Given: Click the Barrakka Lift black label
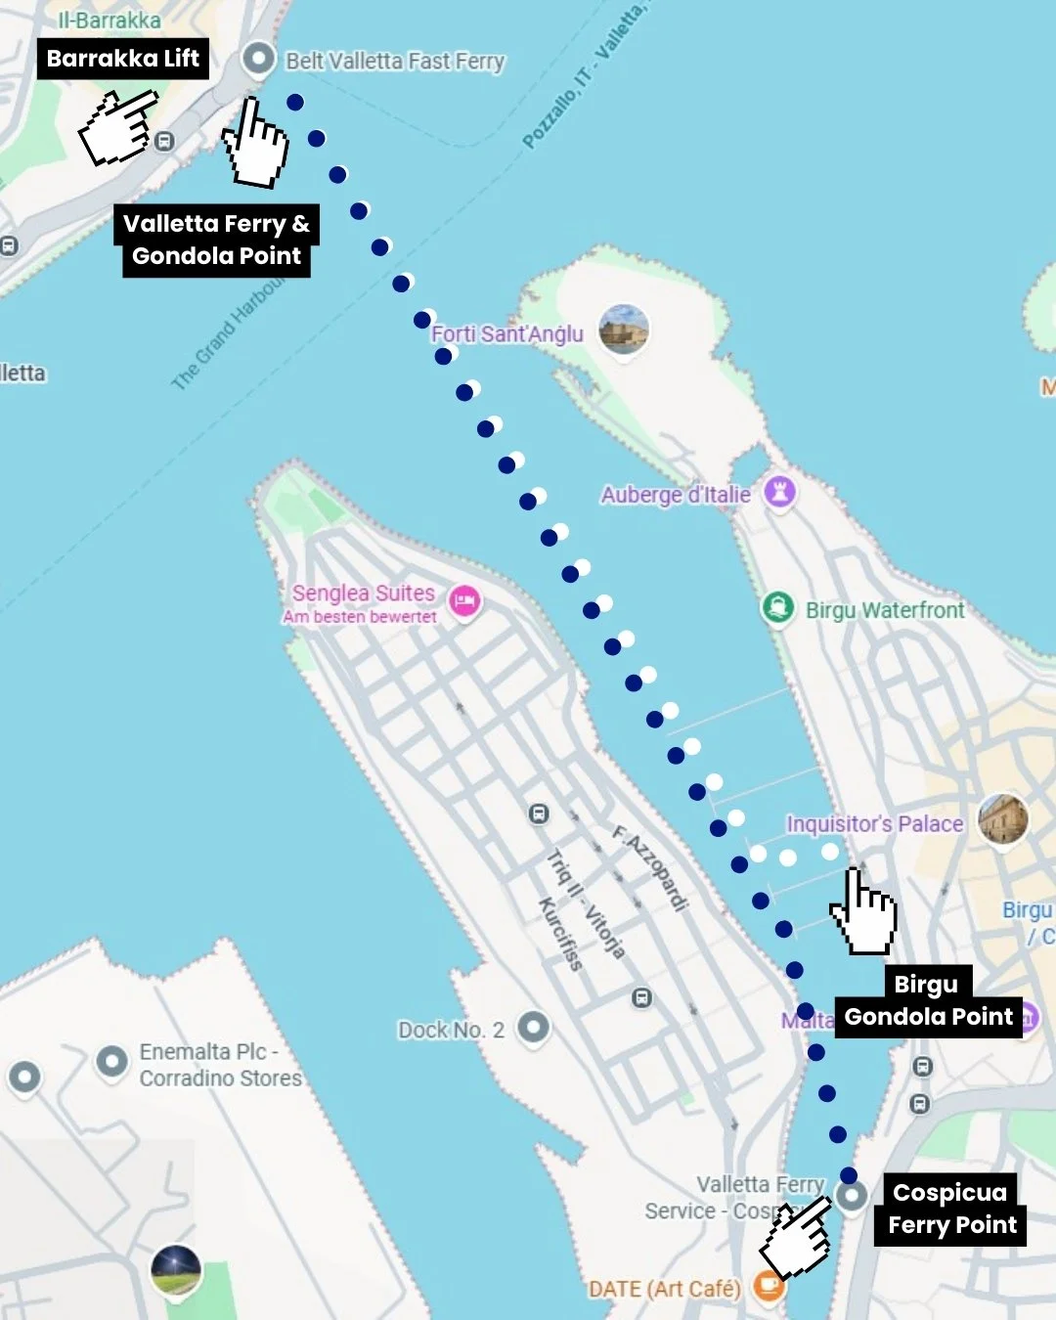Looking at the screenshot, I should [123, 59].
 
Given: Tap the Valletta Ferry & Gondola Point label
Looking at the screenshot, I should [216, 240].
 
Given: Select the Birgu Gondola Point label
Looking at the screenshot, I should [929, 1001].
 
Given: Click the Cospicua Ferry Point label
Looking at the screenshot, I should [951, 1209].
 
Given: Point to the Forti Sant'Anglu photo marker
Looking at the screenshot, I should [624, 329].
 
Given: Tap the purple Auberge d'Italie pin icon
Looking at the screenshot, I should [779, 490].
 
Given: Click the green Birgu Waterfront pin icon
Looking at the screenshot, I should [777, 608].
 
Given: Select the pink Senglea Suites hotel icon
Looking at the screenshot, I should [464, 600].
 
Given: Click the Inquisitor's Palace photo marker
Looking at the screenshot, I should [1003, 818].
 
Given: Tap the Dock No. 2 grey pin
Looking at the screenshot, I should [533, 1027].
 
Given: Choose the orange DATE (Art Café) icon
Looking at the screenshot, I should [769, 1287].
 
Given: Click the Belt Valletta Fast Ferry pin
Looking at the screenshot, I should [258, 59].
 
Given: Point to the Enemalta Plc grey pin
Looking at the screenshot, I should [111, 1061].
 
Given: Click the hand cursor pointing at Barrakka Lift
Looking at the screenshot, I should [119, 127].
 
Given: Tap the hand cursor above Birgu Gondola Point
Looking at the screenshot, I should [863, 912].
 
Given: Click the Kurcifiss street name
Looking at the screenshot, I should [560, 934].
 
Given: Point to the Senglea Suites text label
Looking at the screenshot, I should [363, 593].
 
